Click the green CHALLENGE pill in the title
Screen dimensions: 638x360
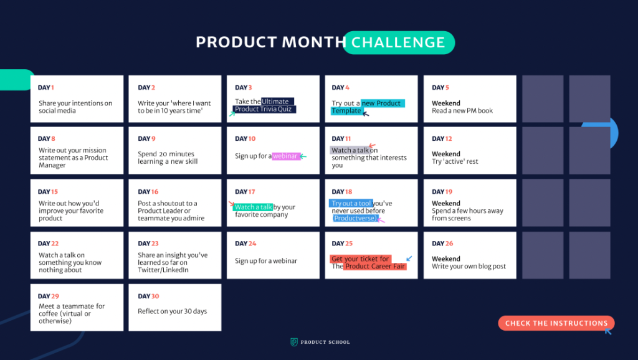(399, 42)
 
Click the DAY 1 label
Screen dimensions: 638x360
(46, 87)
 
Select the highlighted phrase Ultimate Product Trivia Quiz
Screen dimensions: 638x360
(264, 105)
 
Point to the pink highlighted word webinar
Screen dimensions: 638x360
(286, 156)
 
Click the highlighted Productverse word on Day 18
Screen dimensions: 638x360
(355, 219)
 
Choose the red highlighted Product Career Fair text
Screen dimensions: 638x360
(374, 267)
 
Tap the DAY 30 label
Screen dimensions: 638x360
(148, 296)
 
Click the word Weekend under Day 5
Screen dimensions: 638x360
(446, 103)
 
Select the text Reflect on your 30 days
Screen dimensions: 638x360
(172, 311)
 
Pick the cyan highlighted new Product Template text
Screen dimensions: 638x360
(368, 107)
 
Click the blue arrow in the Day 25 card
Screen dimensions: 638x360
(409, 258)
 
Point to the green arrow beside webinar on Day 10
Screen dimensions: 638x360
(303, 156)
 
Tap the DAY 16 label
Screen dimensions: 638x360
(148, 192)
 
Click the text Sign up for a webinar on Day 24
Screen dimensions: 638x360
(266, 261)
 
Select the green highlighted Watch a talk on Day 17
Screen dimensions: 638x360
(253, 207)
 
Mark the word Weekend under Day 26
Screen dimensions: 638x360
(446, 258)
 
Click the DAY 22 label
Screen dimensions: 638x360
(49, 244)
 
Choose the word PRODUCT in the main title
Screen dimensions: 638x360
(236, 42)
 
